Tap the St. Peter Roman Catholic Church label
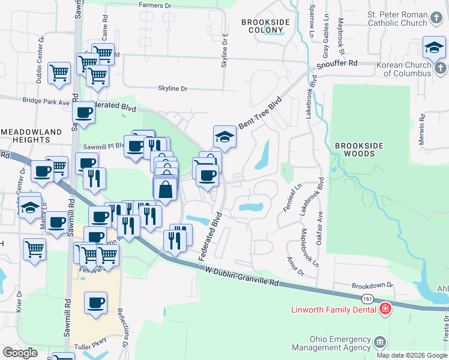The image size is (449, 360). [398, 19]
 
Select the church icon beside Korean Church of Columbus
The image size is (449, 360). [441, 68]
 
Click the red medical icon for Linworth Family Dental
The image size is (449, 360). [385, 310]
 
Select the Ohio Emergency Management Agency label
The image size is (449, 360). [331, 343]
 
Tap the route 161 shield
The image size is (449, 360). [367, 298]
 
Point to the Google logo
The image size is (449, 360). [20, 353]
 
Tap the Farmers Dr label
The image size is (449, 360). [155, 5]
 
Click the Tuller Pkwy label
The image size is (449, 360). [90, 347]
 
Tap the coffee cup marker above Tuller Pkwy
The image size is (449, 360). [95, 302]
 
